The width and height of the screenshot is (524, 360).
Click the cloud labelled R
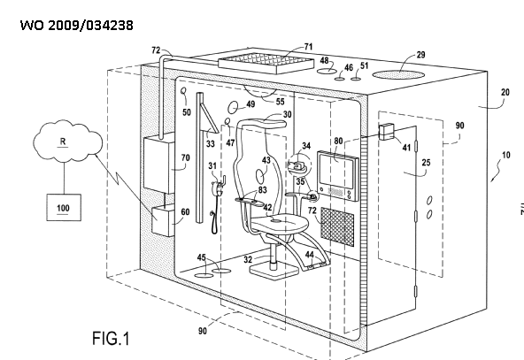click(x=68, y=141)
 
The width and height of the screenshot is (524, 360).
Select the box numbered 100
click(x=64, y=207)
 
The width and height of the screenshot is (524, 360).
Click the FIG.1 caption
click(x=111, y=338)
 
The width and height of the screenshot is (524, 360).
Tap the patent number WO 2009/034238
click(x=76, y=26)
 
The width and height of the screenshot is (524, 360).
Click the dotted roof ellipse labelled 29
click(x=398, y=75)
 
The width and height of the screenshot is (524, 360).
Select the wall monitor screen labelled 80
click(x=337, y=175)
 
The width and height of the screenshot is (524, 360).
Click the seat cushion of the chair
click(x=280, y=223)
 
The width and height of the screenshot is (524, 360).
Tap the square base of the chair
click(x=274, y=270)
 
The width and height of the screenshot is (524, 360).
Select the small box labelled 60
click(x=164, y=221)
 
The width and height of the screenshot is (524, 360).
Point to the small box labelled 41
click(x=387, y=132)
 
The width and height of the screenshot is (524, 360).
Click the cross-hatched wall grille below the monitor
click(x=337, y=226)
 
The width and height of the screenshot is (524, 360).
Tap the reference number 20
click(x=505, y=92)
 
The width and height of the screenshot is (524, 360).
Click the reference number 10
click(x=506, y=155)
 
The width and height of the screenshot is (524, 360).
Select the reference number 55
click(x=280, y=102)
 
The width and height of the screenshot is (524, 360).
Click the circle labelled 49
click(x=233, y=108)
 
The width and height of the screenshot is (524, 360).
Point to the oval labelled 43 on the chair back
click(x=260, y=176)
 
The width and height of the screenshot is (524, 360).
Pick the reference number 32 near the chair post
click(x=248, y=259)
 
